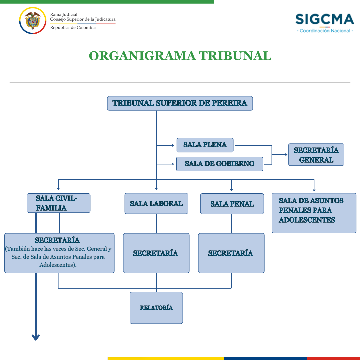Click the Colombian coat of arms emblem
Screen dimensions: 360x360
33,20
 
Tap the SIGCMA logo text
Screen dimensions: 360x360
325,19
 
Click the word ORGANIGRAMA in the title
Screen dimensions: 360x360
142,56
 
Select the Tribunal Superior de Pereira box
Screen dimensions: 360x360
180,103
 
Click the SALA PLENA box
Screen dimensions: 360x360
205,145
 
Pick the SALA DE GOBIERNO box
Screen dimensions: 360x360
219,164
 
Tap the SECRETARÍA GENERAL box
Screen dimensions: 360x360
316,155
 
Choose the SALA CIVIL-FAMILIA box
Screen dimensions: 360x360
59,203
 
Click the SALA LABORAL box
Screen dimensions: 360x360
156,204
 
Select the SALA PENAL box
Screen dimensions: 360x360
232,204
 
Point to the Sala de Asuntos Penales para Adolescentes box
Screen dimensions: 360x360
314,213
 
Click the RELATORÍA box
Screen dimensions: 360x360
156,308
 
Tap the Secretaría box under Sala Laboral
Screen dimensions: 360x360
156,253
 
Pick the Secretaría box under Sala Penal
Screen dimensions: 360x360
231,253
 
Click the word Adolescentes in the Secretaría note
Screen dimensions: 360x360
57,265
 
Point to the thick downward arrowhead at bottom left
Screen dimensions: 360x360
36,337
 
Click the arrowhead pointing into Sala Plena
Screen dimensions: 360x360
173,145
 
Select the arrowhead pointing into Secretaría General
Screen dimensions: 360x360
286,155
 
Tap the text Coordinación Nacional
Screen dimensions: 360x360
325,31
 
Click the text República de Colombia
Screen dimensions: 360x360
73,28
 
